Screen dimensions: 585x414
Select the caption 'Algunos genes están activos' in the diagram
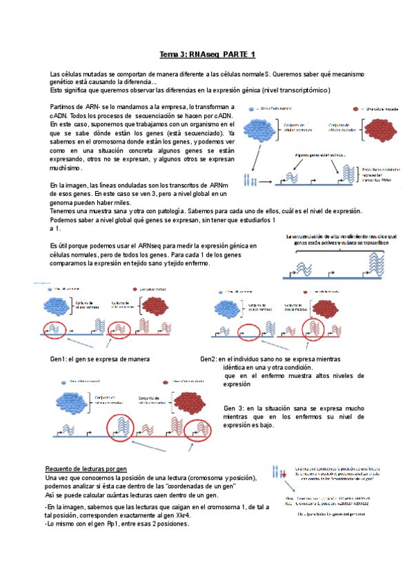point(315,155)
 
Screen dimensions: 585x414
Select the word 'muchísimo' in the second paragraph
point(66,168)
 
